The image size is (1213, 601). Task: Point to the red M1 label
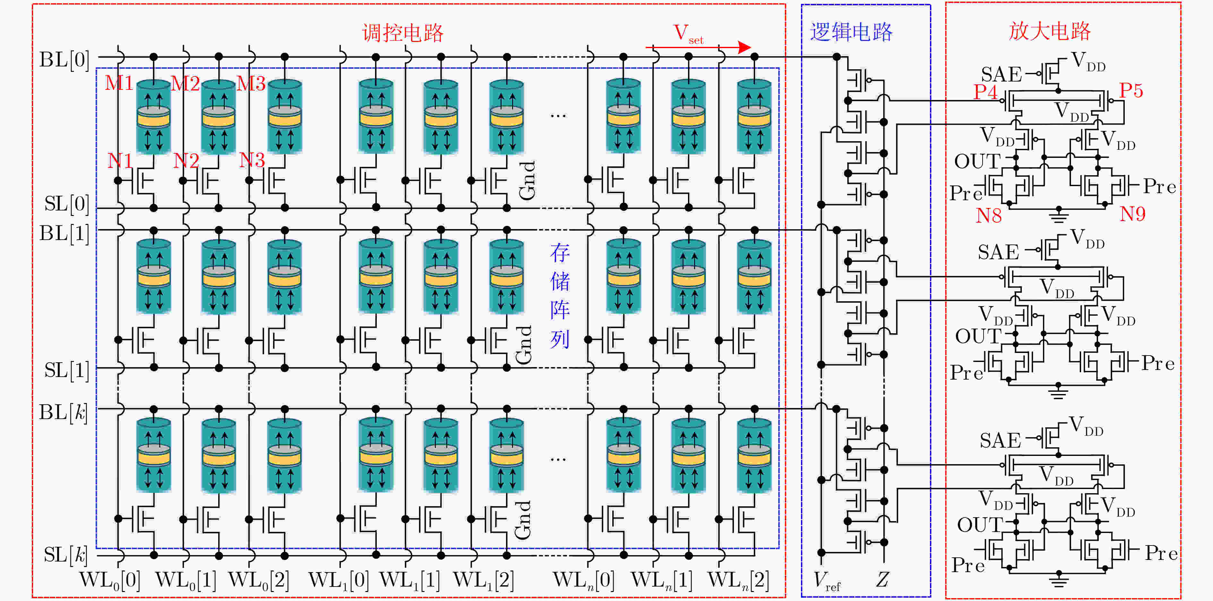[x=119, y=83]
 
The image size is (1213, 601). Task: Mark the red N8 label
[x=988, y=216]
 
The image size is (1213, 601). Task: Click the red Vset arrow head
[x=744, y=47]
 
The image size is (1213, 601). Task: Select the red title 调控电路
[x=403, y=33]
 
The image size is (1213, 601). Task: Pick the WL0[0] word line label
[x=110, y=580]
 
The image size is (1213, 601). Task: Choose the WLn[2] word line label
[x=738, y=580]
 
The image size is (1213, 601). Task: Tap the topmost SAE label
[x=1001, y=74]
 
